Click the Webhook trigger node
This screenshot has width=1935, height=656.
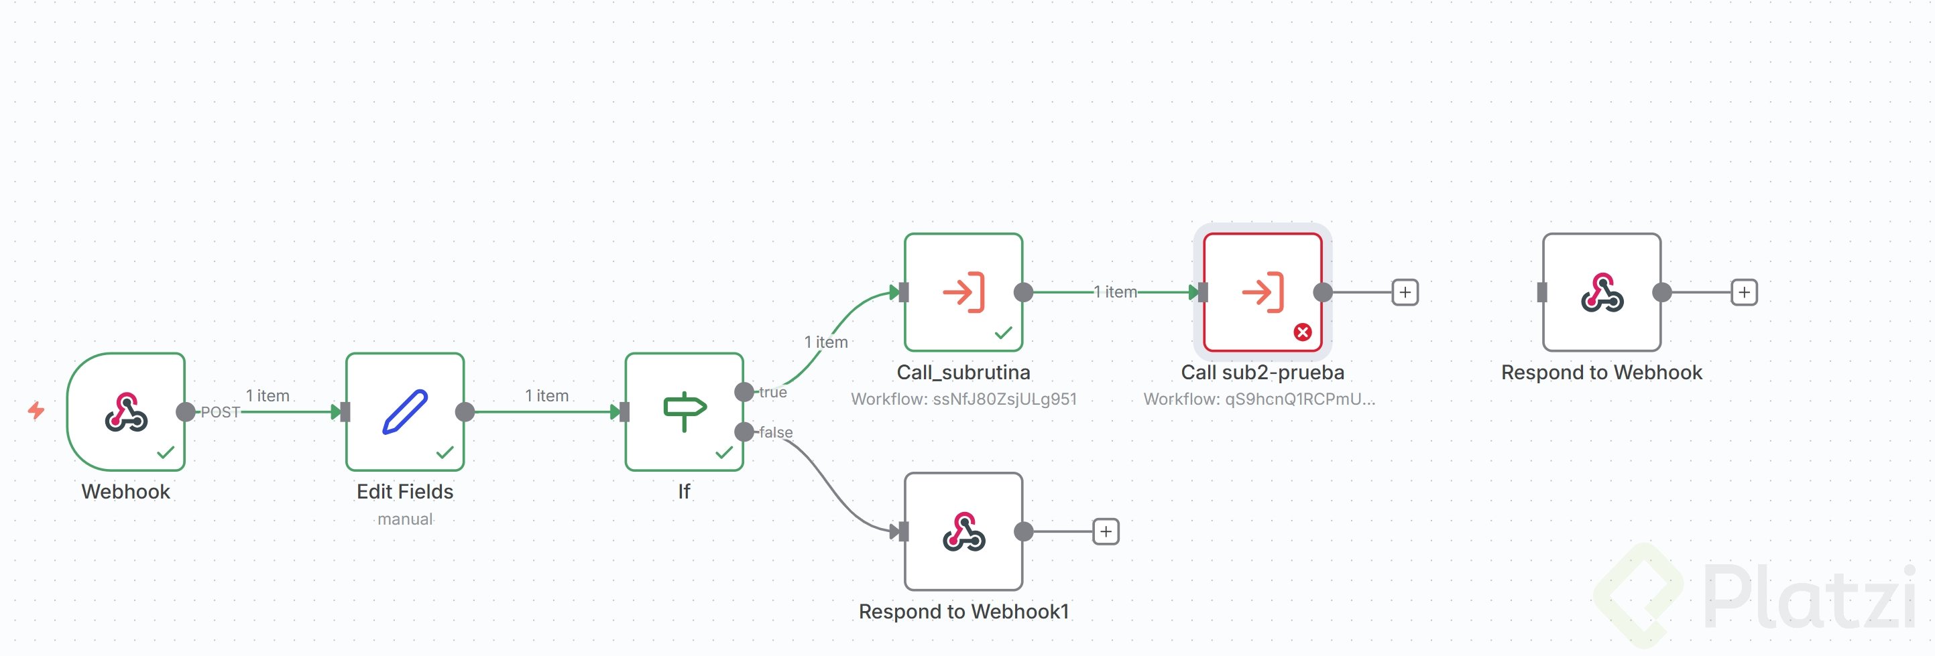coord(126,411)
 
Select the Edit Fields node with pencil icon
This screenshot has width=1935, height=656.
coord(405,411)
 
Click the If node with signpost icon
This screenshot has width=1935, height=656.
coord(684,411)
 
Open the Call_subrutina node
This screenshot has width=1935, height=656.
coord(963,292)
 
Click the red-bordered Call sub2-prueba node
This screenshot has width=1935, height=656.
coord(1262,292)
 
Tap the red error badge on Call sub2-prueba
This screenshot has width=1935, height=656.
coord(1303,332)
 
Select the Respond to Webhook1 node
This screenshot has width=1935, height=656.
coord(963,531)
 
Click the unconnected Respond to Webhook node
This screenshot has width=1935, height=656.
coord(1602,292)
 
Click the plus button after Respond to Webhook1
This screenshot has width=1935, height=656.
coord(1106,531)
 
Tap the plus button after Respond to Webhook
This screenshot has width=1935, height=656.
coord(1744,292)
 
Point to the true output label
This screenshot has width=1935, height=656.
coord(773,392)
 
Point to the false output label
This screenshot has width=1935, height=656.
coord(776,432)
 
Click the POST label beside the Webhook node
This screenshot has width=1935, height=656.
coord(220,412)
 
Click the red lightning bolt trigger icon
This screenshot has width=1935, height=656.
coord(36,410)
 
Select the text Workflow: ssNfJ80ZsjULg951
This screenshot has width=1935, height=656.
coord(963,399)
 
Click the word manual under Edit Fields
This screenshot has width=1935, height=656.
coord(405,519)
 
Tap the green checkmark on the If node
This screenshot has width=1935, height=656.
coord(724,452)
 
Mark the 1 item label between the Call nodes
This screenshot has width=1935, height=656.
coord(1116,292)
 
